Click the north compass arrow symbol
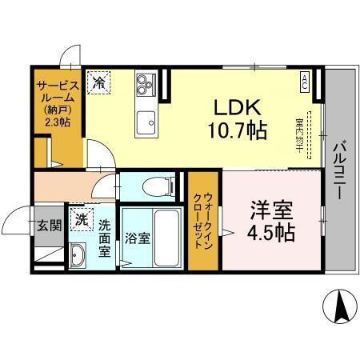pos(339,306)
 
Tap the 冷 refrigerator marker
pos(99,81)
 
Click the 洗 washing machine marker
pos(81,218)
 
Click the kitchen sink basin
pos(146,123)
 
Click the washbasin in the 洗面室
pos(78,255)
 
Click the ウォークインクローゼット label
pos(206,222)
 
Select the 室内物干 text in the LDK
pos(299,136)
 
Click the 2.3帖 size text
pos(57,123)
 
